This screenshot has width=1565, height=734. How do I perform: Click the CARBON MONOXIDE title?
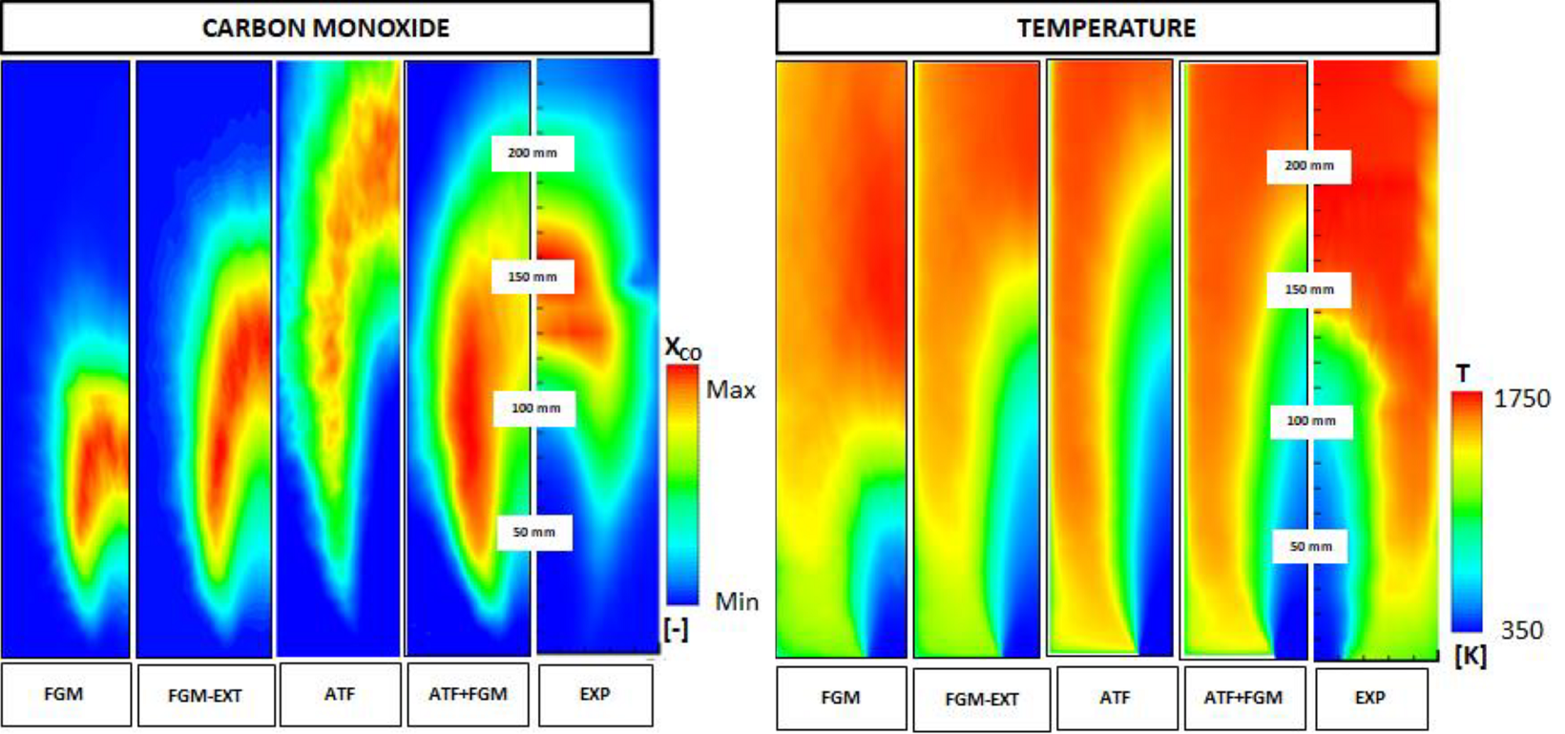pyautogui.click(x=325, y=28)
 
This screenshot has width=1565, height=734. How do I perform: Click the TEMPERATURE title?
pyautogui.click(x=1106, y=28)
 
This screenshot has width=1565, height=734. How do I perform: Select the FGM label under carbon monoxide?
pyautogui.click(x=64, y=694)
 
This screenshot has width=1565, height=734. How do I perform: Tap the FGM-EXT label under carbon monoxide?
pyautogui.click(x=205, y=696)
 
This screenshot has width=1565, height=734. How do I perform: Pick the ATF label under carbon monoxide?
pyautogui.click(x=340, y=694)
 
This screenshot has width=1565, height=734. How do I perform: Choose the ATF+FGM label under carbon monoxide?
pyautogui.click(x=468, y=694)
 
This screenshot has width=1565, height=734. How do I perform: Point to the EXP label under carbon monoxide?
pyautogui.click(x=595, y=694)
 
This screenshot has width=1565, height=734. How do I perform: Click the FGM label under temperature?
pyautogui.click(x=841, y=698)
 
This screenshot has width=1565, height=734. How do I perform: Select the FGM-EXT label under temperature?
pyautogui.click(x=981, y=700)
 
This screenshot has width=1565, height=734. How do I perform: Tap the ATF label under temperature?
pyautogui.click(x=1115, y=698)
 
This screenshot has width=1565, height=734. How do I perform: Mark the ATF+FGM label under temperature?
pyautogui.click(x=1242, y=698)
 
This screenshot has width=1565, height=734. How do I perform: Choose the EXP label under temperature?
pyautogui.click(x=1369, y=698)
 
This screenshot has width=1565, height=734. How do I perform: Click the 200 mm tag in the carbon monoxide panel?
pyautogui.click(x=532, y=153)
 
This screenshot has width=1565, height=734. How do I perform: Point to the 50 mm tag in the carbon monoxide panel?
pyautogui.click(x=533, y=532)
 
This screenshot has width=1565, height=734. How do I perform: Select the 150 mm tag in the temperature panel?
pyautogui.click(x=1308, y=289)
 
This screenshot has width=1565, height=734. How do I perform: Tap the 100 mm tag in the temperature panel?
pyautogui.click(x=1310, y=421)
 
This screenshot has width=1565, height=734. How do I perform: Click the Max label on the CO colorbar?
pyautogui.click(x=731, y=389)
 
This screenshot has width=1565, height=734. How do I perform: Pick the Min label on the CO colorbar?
pyautogui.click(x=737, y=601)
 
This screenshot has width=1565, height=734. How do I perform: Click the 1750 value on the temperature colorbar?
pyautogui.click(x=1521, y=398)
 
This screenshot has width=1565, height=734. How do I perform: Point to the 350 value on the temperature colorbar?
pyautogui.click(x=1521, y=630)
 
